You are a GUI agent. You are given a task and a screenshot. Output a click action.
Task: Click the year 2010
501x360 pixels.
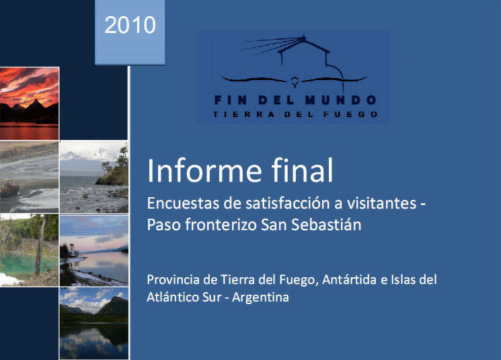click(x=130, y=25)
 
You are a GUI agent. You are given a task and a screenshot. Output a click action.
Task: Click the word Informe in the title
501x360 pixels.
click(x=204, y=170)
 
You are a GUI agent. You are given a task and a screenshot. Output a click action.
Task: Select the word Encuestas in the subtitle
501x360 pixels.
click(x=183, y=203)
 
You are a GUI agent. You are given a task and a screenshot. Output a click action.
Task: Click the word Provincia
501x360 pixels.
click(x=173, y=280)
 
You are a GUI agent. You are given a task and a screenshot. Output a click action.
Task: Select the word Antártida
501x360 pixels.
click(x=349, y=280)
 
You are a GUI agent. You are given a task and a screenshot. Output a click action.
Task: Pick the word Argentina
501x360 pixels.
click(x=260, y=297)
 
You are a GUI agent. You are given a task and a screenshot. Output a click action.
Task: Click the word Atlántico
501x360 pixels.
click(x=173, y=297)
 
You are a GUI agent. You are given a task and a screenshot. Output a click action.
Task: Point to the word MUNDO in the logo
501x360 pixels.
click(x=340, y=100)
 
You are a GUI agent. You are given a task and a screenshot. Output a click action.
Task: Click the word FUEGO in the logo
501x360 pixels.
click(x=350, y=114)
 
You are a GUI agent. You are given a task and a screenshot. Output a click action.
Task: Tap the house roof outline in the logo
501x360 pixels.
click(x=303, y=44)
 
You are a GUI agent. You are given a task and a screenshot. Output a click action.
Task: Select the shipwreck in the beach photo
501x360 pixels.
click(x=9, y=188)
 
